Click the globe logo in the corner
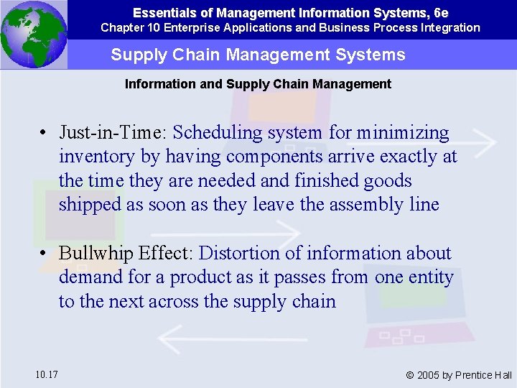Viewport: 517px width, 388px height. pyautogui.click(x=34, y=34)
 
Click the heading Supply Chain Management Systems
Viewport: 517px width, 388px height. pyautogui.click(x=258, y=55)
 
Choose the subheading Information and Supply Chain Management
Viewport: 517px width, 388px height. pyautogui.click(x=258, y=84)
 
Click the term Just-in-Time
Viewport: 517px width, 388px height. pyautogui.click(x=113, y=133)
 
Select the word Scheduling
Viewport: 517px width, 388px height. pyautogui.click(x=219, y=133)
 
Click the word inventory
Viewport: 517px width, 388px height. pyautogui.click(x=96, y=157)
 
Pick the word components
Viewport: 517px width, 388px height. pyautogui.click(x=267, y=157)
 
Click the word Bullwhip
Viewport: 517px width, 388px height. pyautogui.click(x=93, y=254)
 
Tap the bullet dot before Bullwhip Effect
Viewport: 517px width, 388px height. pyautogui.click(x=45, y=254)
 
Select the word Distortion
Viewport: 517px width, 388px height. pyautogui.click(x=241, y=254)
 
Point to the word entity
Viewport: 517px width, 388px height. pyautogui.click(x=430, y=277)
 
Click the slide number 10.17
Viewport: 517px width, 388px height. pyautogui.click(x=46, y=374)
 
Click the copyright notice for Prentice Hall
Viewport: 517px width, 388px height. pyautogui.click(x=459, y=375)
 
